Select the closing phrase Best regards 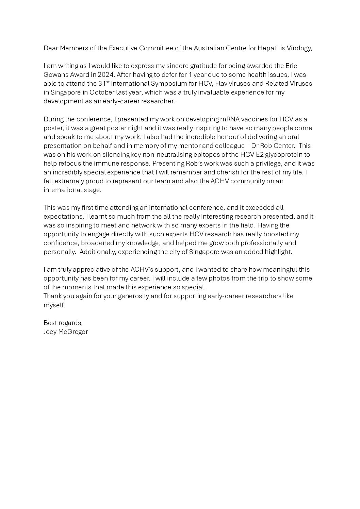(63, 323)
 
